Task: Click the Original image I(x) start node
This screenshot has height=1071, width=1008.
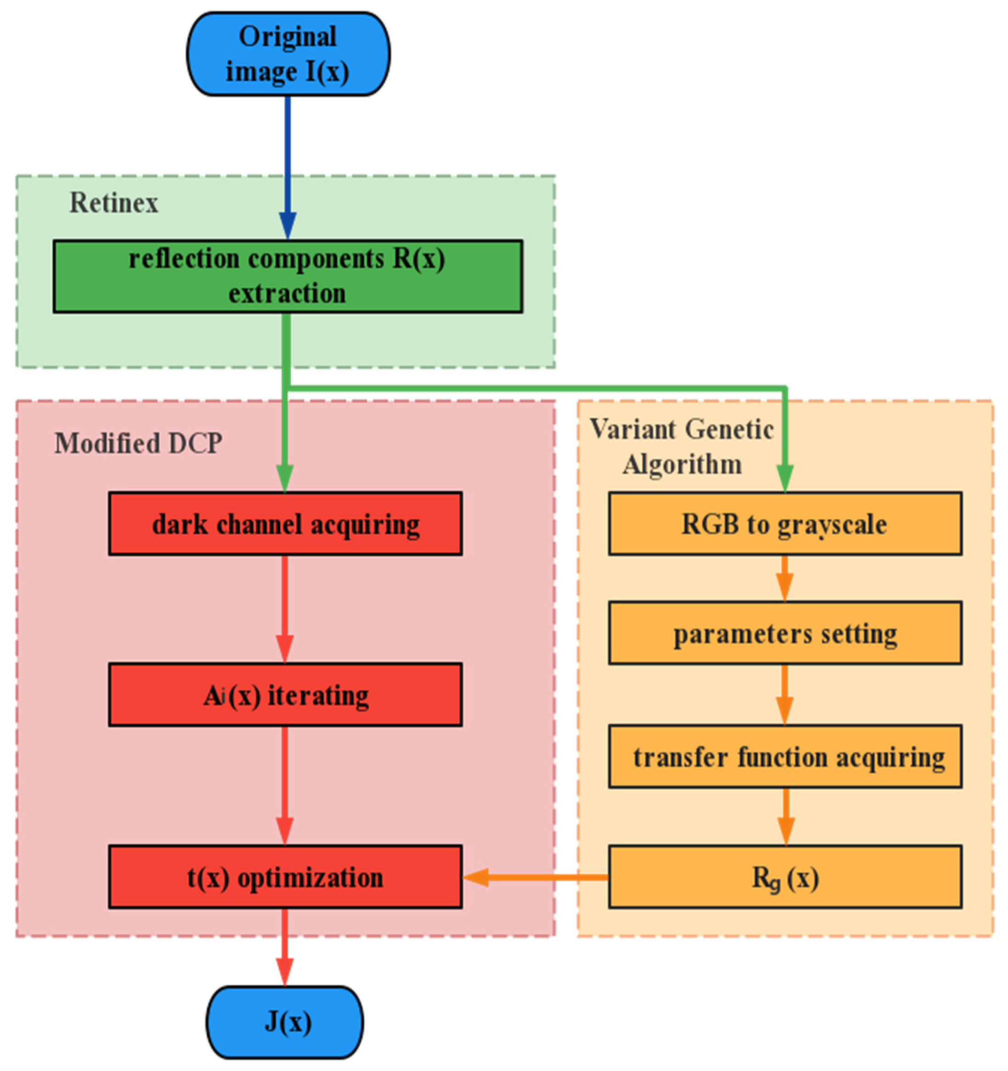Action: (288, 54)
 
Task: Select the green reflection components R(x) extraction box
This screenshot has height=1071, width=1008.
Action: (288, 276)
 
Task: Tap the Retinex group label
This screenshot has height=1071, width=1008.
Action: (114, 204)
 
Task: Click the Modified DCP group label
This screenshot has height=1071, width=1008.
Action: (138, 444)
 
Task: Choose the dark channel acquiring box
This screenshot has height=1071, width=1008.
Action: (285, 524)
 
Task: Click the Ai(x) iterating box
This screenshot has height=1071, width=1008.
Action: (285, 695)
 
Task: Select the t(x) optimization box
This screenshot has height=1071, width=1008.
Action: (285, 877)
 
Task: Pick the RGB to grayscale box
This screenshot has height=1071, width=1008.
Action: (785, 524)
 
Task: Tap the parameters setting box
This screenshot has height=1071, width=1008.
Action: (785, 633)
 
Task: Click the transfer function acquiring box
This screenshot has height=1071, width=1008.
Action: (785, 757)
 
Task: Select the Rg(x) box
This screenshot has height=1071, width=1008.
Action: (785, 877)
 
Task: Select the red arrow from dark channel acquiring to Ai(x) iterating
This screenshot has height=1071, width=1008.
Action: (285, 609)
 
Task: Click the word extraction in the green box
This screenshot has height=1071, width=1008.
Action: (287, 294)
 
